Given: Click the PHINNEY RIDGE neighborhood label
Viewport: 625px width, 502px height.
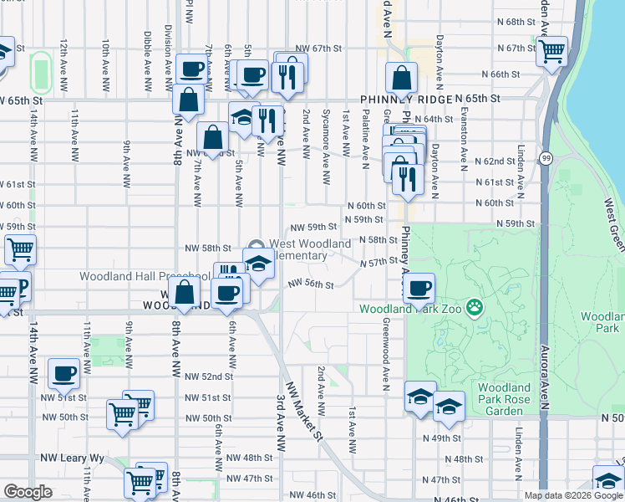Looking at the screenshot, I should [407, 99].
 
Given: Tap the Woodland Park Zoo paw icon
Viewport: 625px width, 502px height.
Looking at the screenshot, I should [475, 308].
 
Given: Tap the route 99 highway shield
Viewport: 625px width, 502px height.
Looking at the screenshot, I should [546, 158].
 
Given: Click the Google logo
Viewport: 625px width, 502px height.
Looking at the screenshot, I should [28, 492].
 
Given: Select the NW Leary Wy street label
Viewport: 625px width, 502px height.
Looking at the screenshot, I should [72, 458].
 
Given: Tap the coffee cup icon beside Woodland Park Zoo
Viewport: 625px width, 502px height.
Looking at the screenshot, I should [419, 288].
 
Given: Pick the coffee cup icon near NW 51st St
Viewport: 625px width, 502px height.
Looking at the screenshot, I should [64, 373].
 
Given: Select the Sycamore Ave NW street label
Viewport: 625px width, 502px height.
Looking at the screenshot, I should [326, 136].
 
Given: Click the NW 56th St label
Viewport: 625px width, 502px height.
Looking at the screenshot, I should [311, 284].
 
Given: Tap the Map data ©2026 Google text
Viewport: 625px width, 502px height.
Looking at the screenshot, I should [572, 495].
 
